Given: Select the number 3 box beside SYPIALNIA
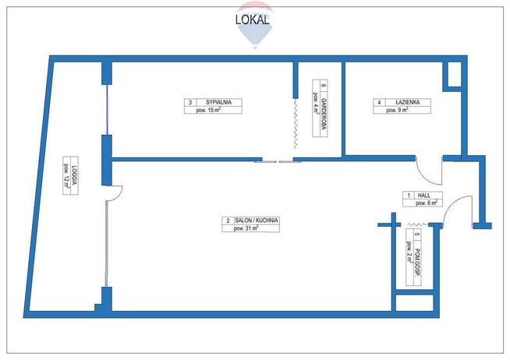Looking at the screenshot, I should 189,102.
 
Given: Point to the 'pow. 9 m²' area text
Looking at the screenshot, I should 397,111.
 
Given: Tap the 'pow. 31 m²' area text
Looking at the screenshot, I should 250,230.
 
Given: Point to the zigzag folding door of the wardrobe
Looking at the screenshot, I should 296,125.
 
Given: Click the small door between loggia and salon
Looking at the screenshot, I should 115,192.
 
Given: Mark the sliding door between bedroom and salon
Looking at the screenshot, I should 278,161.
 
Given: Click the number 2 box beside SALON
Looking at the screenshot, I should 227,221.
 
